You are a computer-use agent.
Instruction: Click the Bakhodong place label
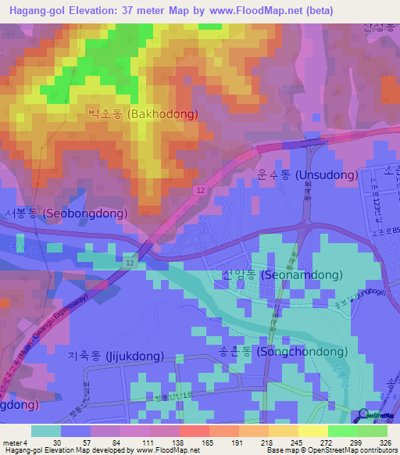(x=142, y=114)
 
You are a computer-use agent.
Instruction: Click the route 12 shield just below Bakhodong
(x=201, y=192)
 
